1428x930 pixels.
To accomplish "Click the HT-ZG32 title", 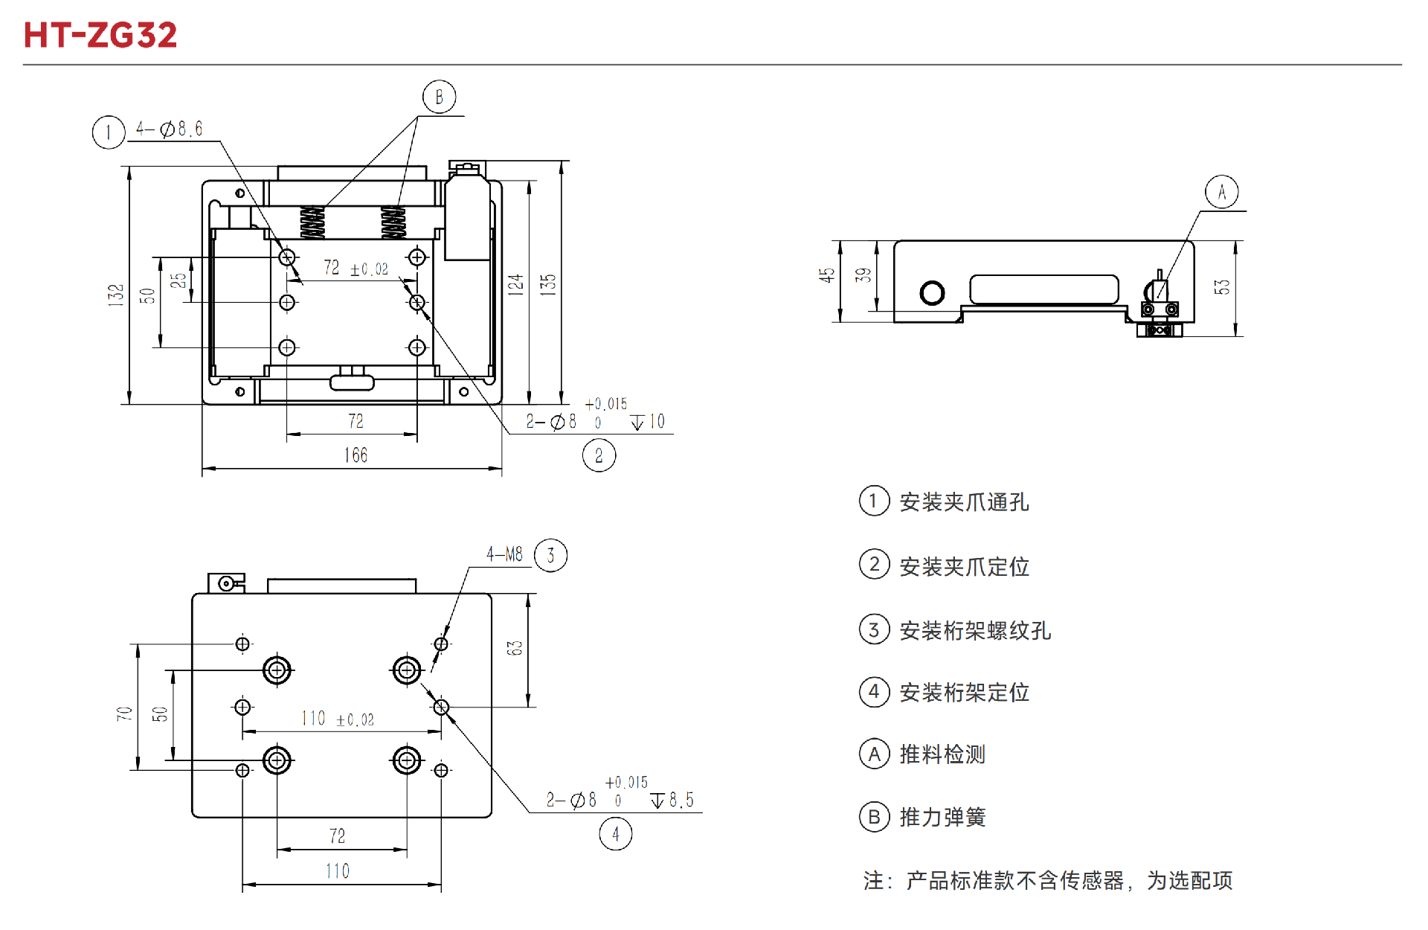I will click(100, 35).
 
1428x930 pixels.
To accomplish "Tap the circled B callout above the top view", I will click(439, 97).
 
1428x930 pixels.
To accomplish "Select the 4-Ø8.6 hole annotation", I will click(169, 129).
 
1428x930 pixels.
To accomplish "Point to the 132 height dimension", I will click(115, 295).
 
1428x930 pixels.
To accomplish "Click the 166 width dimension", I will click(356, 455).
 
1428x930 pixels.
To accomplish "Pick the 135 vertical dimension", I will click(548, 285).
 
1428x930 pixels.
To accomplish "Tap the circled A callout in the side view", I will click(1221, 193).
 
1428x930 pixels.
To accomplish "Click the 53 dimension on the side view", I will click(1222, 287).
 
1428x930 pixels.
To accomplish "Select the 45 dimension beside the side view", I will click(826, 275).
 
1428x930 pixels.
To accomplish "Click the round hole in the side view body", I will click(932, 293).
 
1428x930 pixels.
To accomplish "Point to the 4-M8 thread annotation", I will click(504, 554).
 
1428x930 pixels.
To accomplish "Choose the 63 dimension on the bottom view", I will click(515, 648).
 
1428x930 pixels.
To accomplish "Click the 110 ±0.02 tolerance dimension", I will click(338, 719).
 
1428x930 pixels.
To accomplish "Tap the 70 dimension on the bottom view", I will click(124, 713).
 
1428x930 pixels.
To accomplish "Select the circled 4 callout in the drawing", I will click(615, 834).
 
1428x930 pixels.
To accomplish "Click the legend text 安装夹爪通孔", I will click(964, 502).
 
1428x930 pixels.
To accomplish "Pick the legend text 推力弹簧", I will click(942, 817).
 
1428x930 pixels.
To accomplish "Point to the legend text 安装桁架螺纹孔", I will click(975, 631).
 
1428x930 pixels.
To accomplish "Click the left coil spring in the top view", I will click(312, 222).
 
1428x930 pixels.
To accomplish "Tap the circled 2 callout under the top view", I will click(599, 455).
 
